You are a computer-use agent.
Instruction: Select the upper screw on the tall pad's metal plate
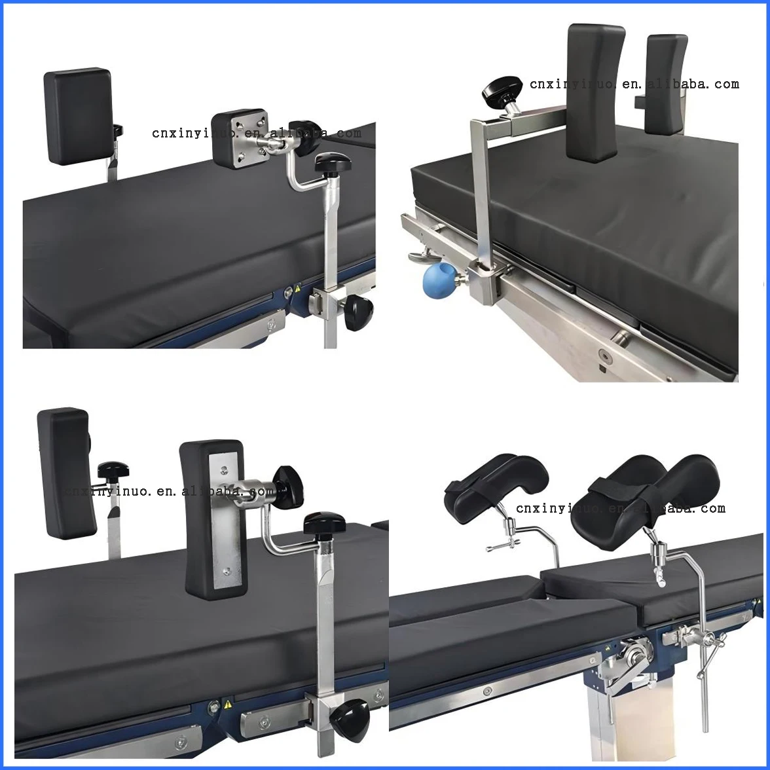224,469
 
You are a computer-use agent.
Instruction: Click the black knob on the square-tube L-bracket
502,92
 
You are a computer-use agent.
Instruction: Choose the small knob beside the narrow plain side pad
113,470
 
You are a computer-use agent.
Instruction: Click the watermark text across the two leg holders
620,508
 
